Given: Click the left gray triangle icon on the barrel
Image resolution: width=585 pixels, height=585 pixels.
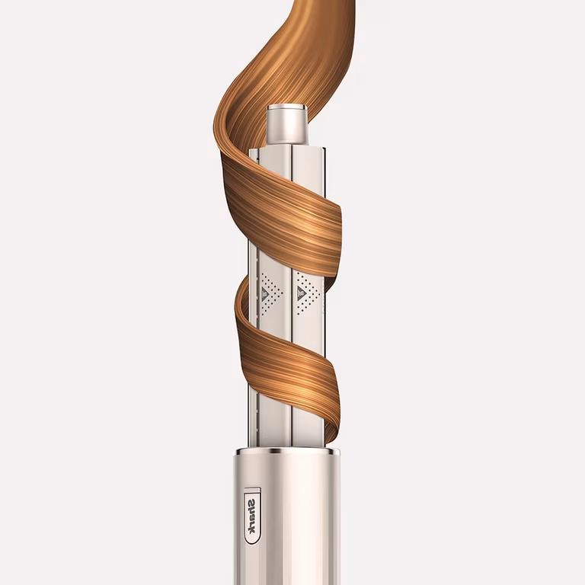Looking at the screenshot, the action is click(265, 294).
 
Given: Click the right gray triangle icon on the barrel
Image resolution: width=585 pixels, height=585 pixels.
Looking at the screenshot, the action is click(300, 293).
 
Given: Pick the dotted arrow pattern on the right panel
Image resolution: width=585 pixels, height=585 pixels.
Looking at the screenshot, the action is click(308, 293).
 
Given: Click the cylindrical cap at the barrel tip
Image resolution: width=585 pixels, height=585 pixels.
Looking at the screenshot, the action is click(286, 125).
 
